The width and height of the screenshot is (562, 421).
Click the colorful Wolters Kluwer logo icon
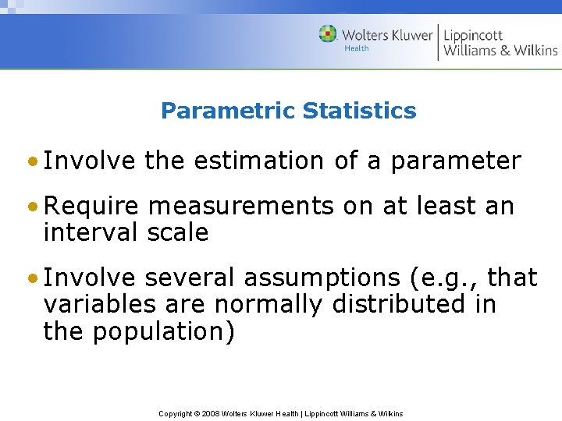328,34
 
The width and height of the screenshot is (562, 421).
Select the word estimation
258,161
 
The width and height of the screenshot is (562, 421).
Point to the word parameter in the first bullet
456,161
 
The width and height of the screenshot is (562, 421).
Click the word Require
91,207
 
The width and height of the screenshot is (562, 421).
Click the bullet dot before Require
31,207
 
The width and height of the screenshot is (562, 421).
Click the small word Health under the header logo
356,48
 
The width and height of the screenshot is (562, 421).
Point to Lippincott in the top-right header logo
474,35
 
